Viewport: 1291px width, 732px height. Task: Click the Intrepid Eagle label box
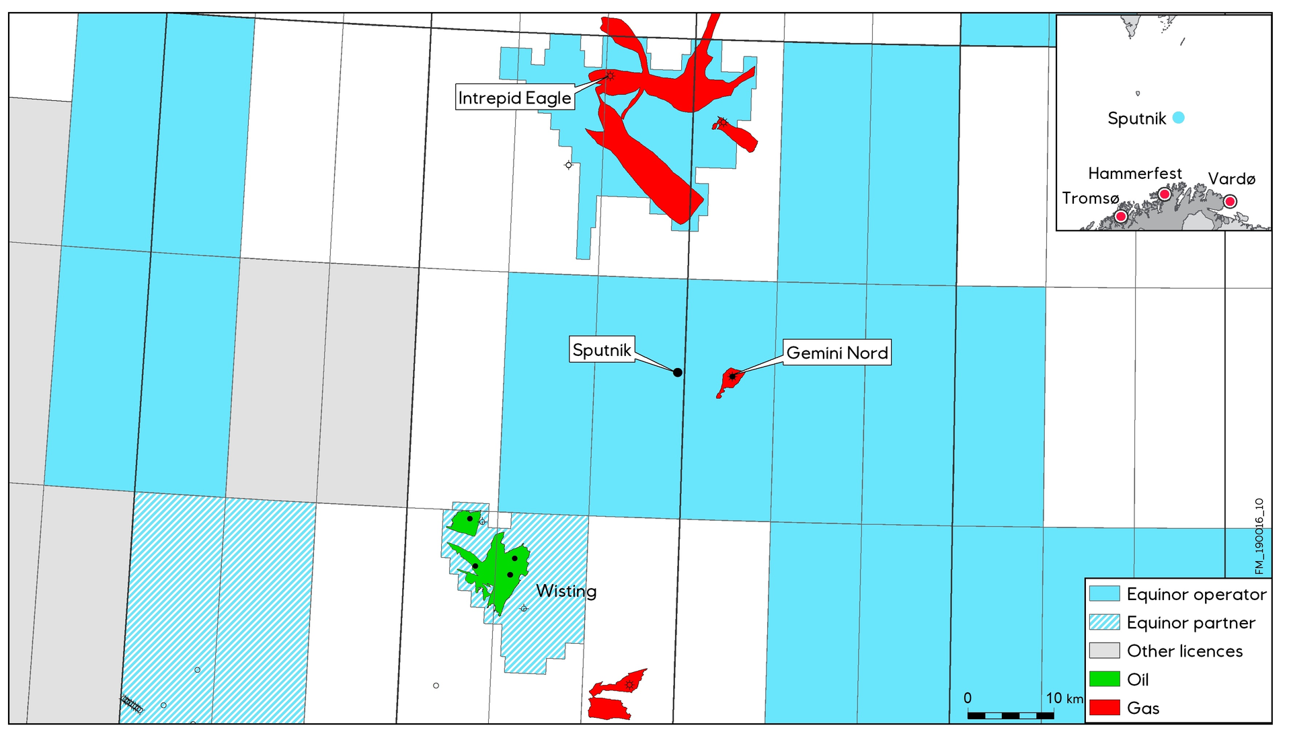(514, 98)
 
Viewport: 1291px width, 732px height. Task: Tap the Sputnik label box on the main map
(602, 350)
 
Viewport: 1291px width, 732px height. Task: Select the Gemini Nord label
(837, 353)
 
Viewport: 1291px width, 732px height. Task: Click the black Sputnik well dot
(678, 372)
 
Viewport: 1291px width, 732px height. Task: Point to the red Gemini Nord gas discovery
(730, 380)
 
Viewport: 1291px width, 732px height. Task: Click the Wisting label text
(566, 591)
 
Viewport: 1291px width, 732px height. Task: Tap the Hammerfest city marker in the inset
(1165, 194)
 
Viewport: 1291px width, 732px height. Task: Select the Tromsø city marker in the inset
(1121, 217)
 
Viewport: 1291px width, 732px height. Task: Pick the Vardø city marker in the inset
(1230, 201)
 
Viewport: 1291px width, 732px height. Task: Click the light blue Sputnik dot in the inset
(1178, 118)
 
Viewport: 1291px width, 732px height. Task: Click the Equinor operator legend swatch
(1104, 594)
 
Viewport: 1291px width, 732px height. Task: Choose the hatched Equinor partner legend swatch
(1104, 622)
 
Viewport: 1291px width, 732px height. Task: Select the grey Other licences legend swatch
(1104, 651)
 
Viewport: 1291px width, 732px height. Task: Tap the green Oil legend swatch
(1104, 680)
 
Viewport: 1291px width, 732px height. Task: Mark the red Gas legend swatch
(1104, 708)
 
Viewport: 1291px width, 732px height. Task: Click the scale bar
(1011, 715)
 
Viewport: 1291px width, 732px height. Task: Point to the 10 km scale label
(1064, 698)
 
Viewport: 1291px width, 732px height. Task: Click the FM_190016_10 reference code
(1259, 536)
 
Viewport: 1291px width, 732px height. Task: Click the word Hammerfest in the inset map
(1135, 174)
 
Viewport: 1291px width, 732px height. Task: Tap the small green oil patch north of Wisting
(463, 522)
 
